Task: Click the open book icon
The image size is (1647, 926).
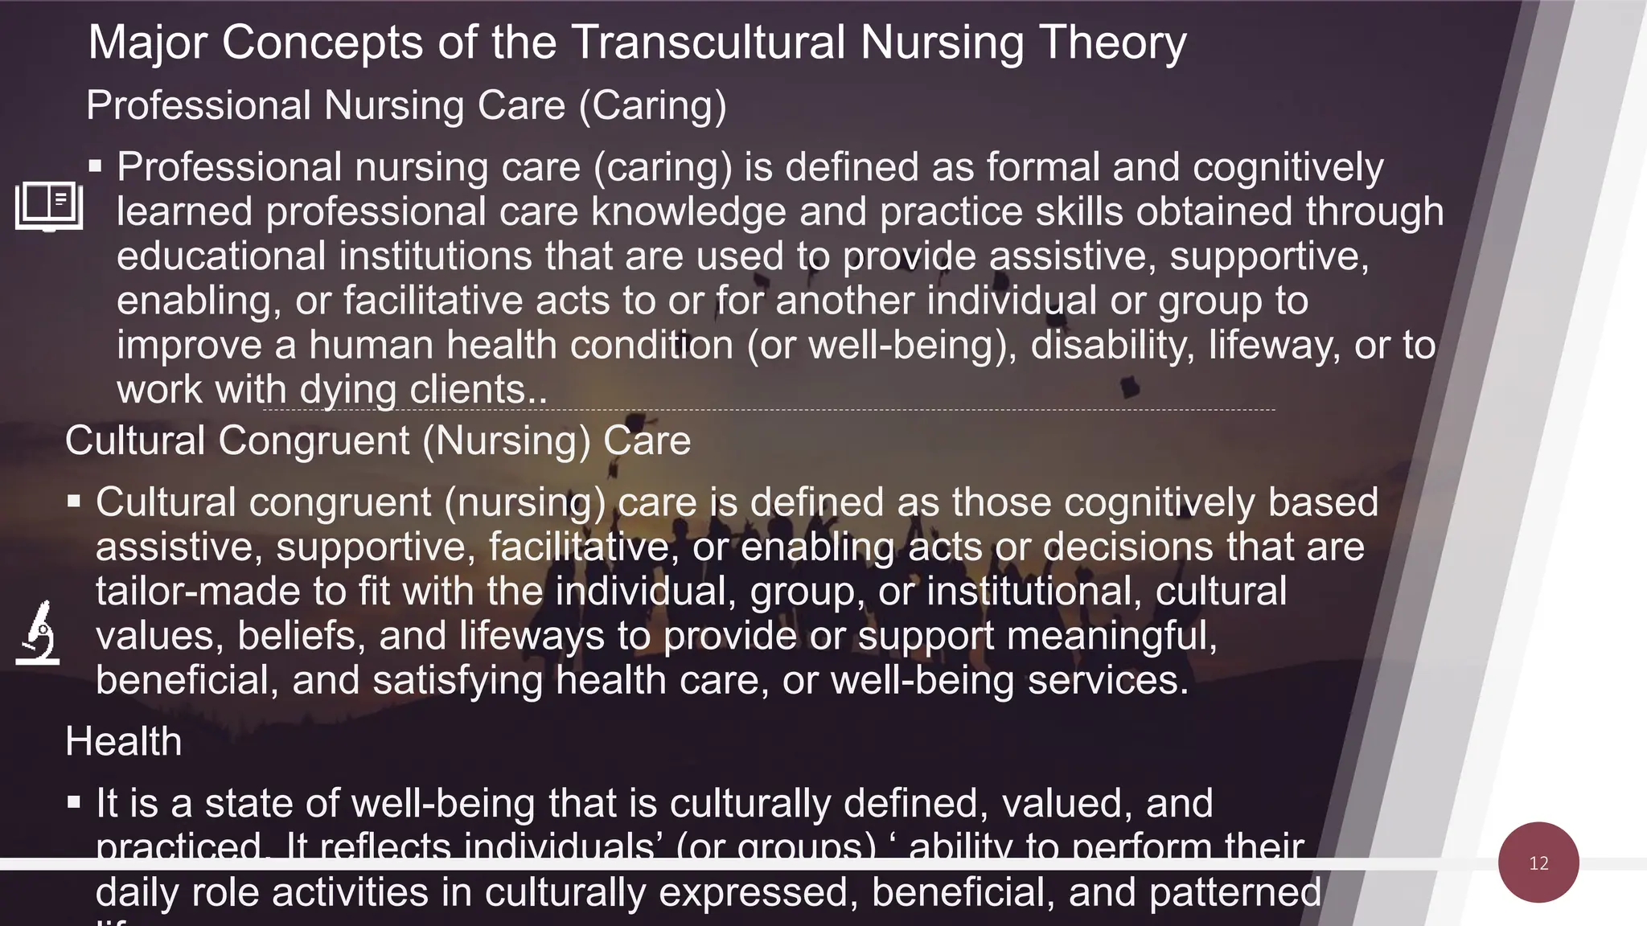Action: [49, 206]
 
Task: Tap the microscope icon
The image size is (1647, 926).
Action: [38, 633]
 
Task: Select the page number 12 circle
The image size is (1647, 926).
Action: [1538, 862]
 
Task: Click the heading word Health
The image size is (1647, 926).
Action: [123, 740]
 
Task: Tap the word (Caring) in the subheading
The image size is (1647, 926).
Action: [652, 105]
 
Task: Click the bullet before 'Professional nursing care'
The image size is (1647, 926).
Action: [96, 166]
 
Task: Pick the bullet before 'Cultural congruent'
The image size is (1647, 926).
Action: [74, 502]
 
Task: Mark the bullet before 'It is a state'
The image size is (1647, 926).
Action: [74, 802]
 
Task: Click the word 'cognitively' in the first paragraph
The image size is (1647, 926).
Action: [1288, 167]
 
